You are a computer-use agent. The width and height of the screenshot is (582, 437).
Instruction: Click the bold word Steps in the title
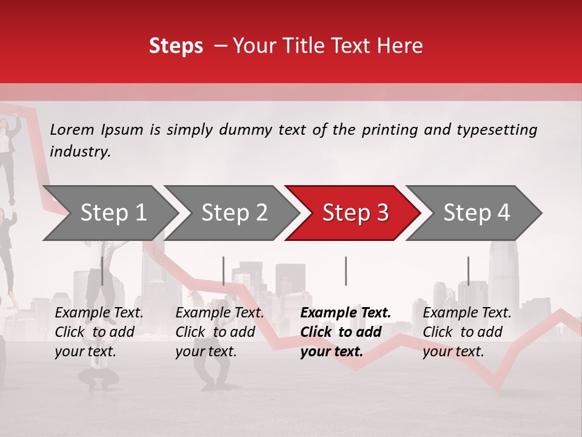point(176,46)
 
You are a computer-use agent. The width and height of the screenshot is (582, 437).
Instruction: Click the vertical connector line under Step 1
point(102,271)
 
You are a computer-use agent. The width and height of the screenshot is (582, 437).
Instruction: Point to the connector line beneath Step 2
point(223,271)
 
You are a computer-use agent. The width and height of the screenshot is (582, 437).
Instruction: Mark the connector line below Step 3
point(346,271)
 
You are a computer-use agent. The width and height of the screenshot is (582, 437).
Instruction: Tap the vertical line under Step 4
point(468,271)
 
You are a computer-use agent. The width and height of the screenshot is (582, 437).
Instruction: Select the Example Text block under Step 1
point(99,332)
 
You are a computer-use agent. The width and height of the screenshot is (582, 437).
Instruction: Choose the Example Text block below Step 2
point(219,332)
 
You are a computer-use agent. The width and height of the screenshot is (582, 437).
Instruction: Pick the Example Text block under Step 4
point(467,332)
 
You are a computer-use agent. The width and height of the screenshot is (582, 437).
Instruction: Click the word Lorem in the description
point(72,130)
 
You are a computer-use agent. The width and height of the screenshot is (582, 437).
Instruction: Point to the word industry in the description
point(80,152)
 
